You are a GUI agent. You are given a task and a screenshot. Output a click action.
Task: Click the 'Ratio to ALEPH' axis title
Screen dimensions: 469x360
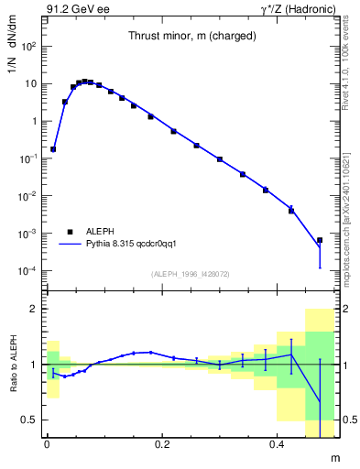(x=13, y=364)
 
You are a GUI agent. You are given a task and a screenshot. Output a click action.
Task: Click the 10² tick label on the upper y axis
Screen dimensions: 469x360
(x=29, y=46)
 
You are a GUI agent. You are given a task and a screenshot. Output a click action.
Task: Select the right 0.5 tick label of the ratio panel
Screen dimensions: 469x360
(x=347, y=420)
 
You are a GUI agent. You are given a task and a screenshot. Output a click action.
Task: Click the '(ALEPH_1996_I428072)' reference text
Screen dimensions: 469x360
(x=191, y=274)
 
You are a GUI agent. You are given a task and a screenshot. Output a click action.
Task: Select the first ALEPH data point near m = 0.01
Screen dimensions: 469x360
(x=53, y=148)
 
